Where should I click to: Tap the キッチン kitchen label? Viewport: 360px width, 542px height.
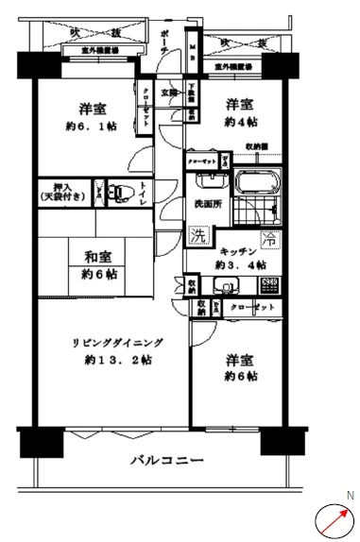(240, 250)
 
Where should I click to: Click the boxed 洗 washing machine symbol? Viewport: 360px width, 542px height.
(197, 235)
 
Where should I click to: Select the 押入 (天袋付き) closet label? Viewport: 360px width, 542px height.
(60, 191)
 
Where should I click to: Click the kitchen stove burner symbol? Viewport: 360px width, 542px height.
(268, 281)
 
